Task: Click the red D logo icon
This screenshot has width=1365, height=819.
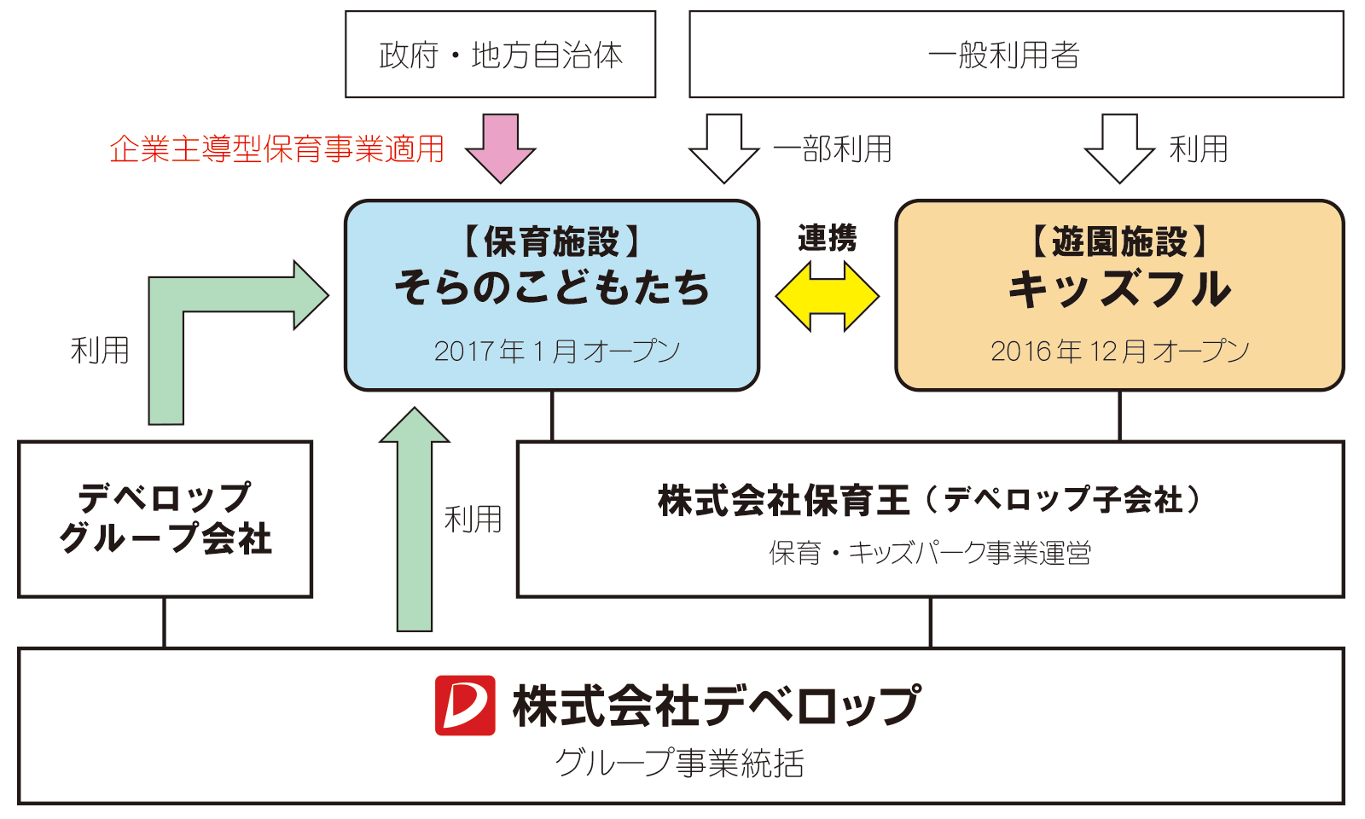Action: click(x=465, y=705)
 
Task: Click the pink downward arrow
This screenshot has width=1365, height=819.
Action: click(x=501, y=148)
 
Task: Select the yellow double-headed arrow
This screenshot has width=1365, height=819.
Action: click(x=827, y=296)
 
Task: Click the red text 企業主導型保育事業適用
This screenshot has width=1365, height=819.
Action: click(x=277, y=149)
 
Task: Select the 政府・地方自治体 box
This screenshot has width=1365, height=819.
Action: click(x=501, y=55)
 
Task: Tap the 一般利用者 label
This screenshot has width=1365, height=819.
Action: click(x=1004, y=55)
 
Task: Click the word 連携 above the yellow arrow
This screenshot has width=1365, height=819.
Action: click(x=827, y=238)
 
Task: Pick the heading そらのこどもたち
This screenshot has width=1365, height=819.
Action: click(x=552, y=288)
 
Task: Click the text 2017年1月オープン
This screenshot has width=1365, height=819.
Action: click(x=556, y=351)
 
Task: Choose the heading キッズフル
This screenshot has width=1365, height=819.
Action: click(x=1119, y=288)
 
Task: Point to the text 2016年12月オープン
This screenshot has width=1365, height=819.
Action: click(x=1119, y=351)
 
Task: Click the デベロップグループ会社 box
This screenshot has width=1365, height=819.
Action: click(x=166, y=519)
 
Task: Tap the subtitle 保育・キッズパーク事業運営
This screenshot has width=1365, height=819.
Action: click(x=930, y=553)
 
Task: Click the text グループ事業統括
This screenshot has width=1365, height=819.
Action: click(x=680, y=763)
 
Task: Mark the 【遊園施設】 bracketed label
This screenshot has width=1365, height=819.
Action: click(x=1119, y=242)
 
